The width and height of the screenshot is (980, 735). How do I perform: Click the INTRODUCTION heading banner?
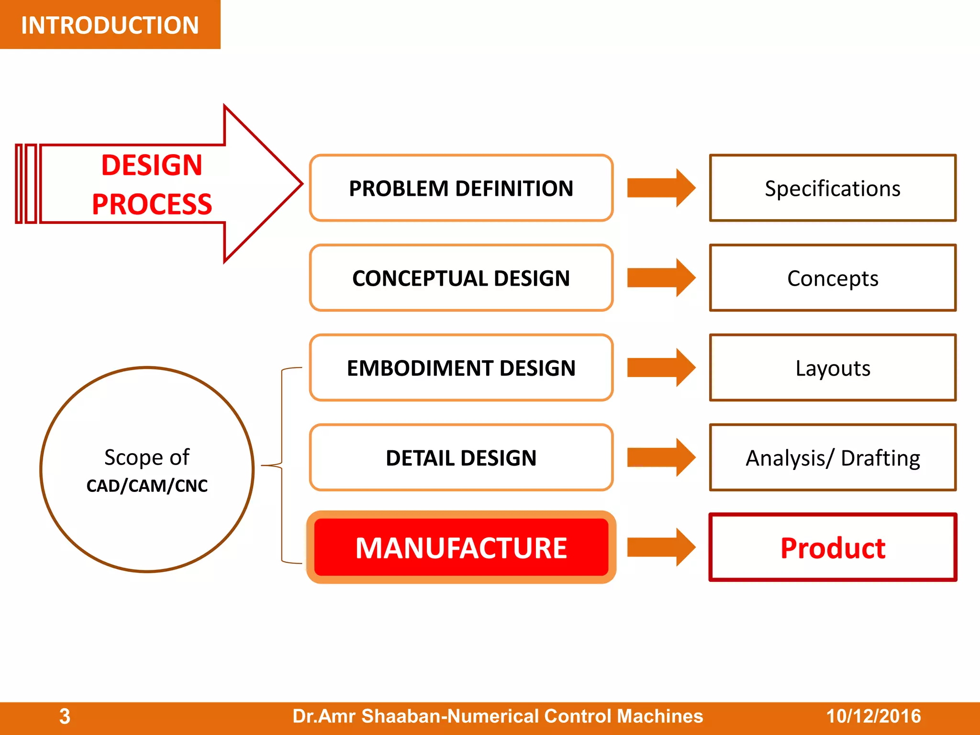[x=110, y=25]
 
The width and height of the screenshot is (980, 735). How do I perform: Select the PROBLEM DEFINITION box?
[x=461, y=188]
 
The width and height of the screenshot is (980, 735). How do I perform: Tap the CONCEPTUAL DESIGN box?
[x=461, y=278]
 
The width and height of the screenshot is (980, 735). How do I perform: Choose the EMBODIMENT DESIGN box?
[x=461, y=368]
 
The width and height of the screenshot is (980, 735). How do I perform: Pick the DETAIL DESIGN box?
[x=461, y=458]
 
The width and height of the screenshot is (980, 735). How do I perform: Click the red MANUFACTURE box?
[x=461, y=547]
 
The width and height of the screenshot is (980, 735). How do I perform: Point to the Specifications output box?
[x=833, y=188]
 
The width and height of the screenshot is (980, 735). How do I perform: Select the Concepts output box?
[x=833, y=278]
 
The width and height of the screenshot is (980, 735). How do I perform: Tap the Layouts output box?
[x=833, y=368]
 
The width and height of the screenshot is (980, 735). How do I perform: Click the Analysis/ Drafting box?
[x=833, y=458]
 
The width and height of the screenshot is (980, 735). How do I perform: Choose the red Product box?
[x=833, y=547]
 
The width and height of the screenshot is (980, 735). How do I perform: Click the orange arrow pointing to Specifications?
[x=660, y=188]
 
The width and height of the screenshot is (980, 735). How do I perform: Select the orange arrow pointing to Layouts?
[x=660, y=368]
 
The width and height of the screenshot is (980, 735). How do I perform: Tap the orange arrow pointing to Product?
[x=660, y=547]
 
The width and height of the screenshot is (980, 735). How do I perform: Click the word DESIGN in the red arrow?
[x=152, y=165]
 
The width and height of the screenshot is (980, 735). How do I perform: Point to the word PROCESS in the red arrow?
[x=152, y=204]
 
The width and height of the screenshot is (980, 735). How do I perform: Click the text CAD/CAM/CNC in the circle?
[x=147, y=486]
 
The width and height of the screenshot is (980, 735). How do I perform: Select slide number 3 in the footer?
[x=65, y=716]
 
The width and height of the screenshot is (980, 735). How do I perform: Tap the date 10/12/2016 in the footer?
[x=873, y=716]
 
